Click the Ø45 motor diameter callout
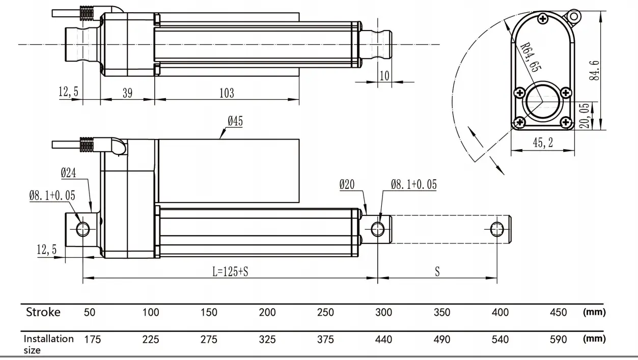coord(235,121)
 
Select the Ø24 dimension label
coord(68,173)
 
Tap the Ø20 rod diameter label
coord(347,185)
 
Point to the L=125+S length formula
coord(230,271)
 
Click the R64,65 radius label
coord(531,57)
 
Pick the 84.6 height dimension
coord(594,70)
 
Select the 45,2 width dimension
coord(543,143)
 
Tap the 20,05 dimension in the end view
coord(585,116)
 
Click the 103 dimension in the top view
coord(227,93)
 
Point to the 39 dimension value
coord(127,93)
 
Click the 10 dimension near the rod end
coord(384,76)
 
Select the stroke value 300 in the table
coord(383,312)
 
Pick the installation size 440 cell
coord(383,339)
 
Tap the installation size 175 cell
coord(93,339)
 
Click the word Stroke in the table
coord(43,312)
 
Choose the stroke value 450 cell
coord(558,312)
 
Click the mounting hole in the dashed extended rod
coord(497,229)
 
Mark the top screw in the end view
coord(543,19)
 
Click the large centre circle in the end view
coord(542,102)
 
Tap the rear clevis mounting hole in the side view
coord(83,229)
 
